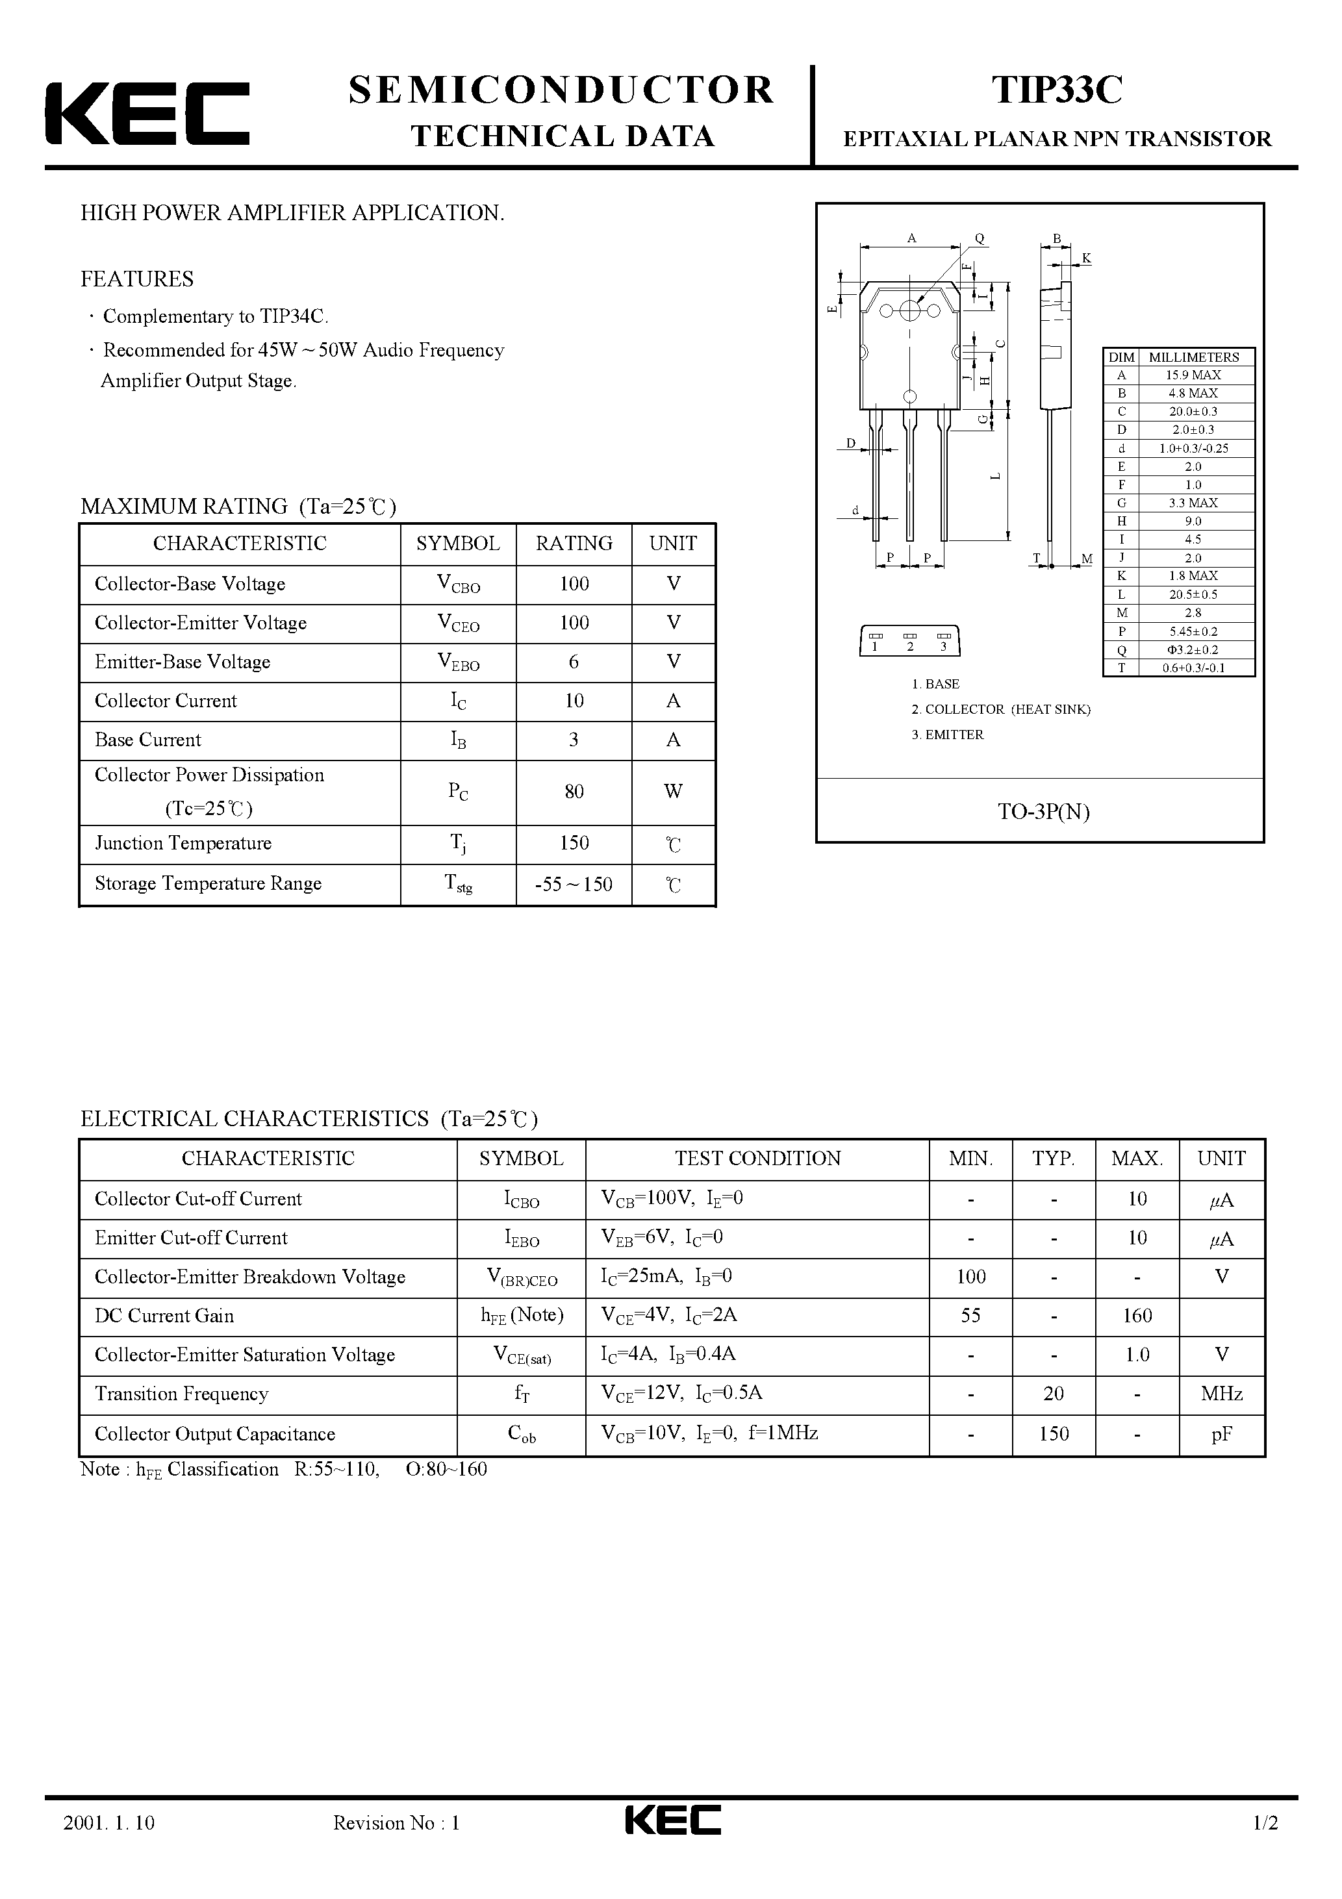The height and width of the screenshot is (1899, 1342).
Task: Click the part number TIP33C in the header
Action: [x=1057, y=90]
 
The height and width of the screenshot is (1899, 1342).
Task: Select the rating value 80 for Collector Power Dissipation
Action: [x=574, y=792]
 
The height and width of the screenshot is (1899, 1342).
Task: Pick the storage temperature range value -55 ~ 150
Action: [x=574, y=884]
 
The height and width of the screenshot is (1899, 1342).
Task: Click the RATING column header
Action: [x=574, y=544]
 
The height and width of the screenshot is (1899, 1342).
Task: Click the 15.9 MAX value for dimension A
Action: [x=1193, y=375]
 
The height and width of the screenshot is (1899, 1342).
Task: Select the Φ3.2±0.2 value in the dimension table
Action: [x=1193, y=650]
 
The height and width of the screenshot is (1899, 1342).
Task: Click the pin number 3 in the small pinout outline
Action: [x=943, y=647]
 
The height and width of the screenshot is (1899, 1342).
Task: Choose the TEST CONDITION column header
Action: [x=757, y=1159]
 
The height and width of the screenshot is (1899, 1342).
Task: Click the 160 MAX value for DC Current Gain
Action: [x=1137, y=1316]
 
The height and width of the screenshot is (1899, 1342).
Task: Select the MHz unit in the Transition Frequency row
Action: [x=1221, y=1394]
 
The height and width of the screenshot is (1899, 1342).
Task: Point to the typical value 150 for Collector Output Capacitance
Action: [x=1053, y=1433]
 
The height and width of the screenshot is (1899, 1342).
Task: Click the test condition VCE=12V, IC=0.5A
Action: [x=682, y=1394]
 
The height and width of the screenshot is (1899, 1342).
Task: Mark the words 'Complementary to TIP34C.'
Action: [x=215, y=316]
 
